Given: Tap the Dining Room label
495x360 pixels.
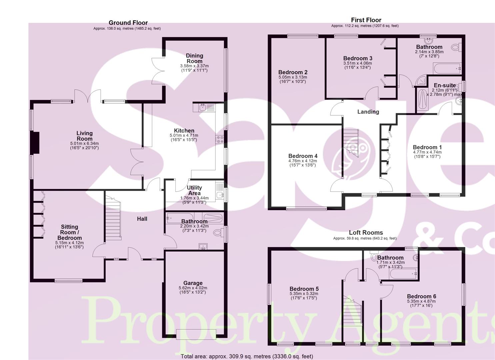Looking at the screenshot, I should pos(194,58).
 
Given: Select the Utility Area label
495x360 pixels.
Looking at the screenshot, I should pos(194,190).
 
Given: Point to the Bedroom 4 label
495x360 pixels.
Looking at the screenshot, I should pos(303,156).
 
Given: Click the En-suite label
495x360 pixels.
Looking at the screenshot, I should pos(444,86).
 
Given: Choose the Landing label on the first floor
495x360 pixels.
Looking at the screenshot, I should pos(368,112).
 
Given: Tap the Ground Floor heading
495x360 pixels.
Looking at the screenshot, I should pos(128,23).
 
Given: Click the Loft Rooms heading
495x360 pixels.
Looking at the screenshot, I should pos(366,233).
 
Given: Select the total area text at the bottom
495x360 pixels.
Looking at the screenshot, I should pos(247,356).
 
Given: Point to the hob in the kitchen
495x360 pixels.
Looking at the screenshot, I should pos(220,139).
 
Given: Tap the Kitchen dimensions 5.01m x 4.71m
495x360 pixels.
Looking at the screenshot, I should pos(184,135).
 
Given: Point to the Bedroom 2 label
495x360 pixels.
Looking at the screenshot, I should pos(293,72).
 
